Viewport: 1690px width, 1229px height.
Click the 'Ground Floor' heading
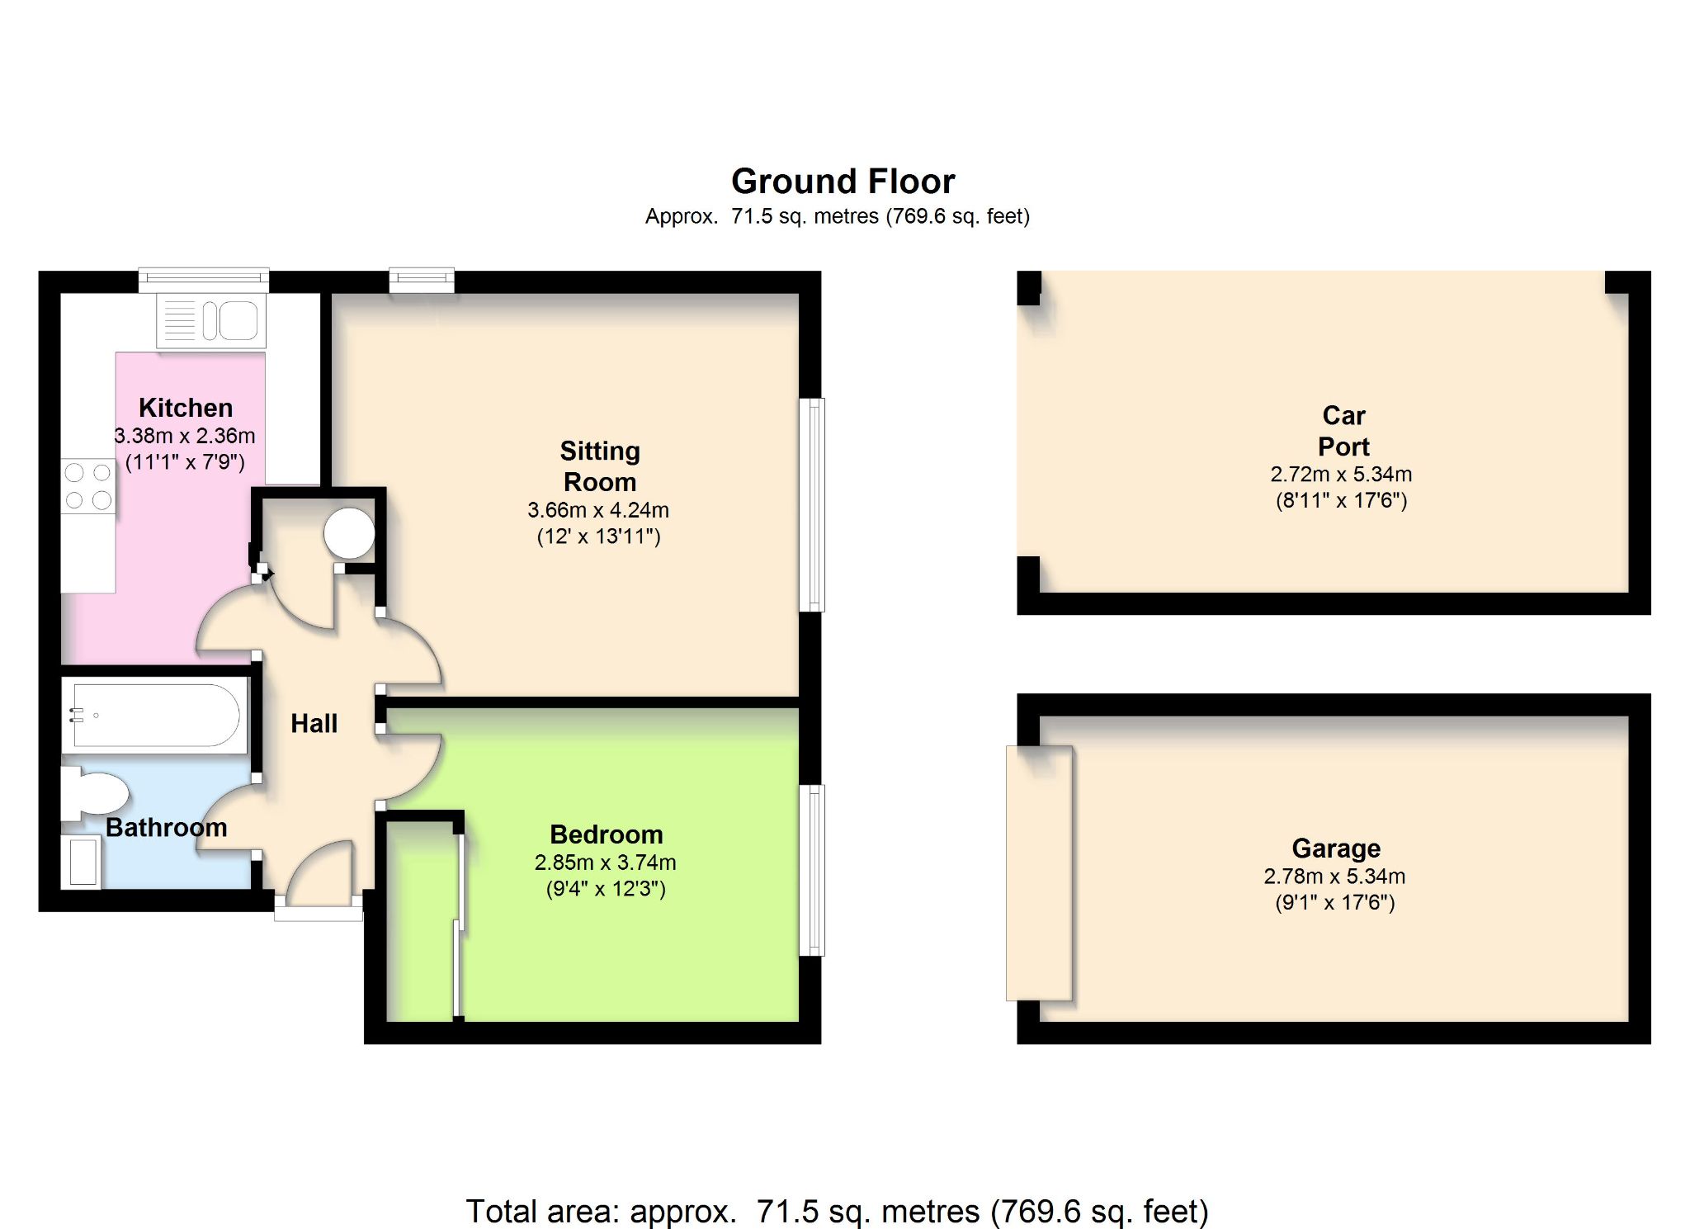[843, 181]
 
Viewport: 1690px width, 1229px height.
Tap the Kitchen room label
[186, 408]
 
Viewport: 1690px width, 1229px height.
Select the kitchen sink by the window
[211, 320]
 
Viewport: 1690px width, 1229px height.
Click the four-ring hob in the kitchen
[88, 486]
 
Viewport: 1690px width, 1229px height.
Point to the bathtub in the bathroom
[155, 715]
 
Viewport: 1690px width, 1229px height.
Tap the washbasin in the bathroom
[82, 862]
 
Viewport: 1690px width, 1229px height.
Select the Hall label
[314, 724]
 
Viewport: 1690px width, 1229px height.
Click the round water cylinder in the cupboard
[350, 533]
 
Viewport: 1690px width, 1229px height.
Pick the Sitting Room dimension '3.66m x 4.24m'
[598, 510]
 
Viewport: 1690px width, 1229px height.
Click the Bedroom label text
[607, 834]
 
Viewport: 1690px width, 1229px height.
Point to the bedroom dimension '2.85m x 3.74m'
[606, 863]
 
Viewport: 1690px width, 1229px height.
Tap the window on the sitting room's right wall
[813, 505]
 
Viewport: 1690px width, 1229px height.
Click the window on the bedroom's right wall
[813, 870]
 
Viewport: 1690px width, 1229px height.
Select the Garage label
[1336, 848]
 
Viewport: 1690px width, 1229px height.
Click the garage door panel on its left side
[1039, 873]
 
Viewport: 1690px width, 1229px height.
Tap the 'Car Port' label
[1343, 431]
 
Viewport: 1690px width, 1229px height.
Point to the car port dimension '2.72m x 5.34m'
[1341, 475]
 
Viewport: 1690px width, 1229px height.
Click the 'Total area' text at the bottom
[838, 1212]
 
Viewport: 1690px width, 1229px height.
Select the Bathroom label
[167, 828]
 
